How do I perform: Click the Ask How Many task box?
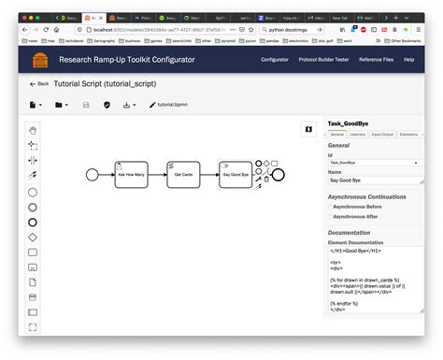tap(131, 174)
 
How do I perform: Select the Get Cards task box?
tap(183, 174)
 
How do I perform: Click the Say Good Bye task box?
tap(235, 174)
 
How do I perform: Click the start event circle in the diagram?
tap(92, 174)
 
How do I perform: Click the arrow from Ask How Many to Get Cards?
tap(157, 174)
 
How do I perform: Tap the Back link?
tap(39, 83)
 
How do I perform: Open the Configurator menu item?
tap(275, 59)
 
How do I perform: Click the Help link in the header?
tap(408, 59)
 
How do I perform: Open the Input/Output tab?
tap(382, 135)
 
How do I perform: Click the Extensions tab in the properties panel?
tap(408, 135)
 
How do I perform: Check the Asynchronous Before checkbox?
tap(329, 208)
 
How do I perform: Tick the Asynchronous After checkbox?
tap(329, 217)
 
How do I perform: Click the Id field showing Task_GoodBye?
tap(372, 163)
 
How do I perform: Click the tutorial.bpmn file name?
tap(171, 105)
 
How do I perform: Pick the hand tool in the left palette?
tap(33, 130)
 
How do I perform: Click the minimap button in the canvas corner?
tap(308, 130)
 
